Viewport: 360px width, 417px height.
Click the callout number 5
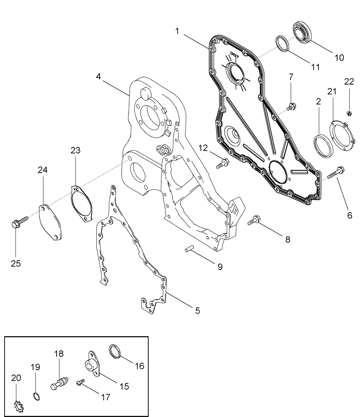coord(197,310)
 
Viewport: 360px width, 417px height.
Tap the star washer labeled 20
coord(17,404)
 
